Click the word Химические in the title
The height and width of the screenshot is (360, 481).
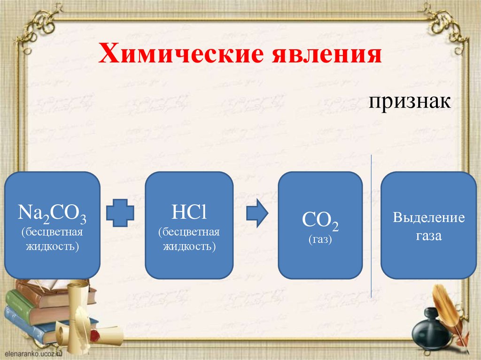click(180, 54)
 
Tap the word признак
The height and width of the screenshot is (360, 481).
click(409, 101)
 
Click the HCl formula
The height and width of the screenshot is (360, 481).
click(189, 214)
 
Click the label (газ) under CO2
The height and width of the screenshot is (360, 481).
click(320, 240)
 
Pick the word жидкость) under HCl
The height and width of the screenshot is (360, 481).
click(189, 246)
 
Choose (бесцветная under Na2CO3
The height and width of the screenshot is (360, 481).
click(52, 232)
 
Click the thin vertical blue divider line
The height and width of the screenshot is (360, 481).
click(372, 225)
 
